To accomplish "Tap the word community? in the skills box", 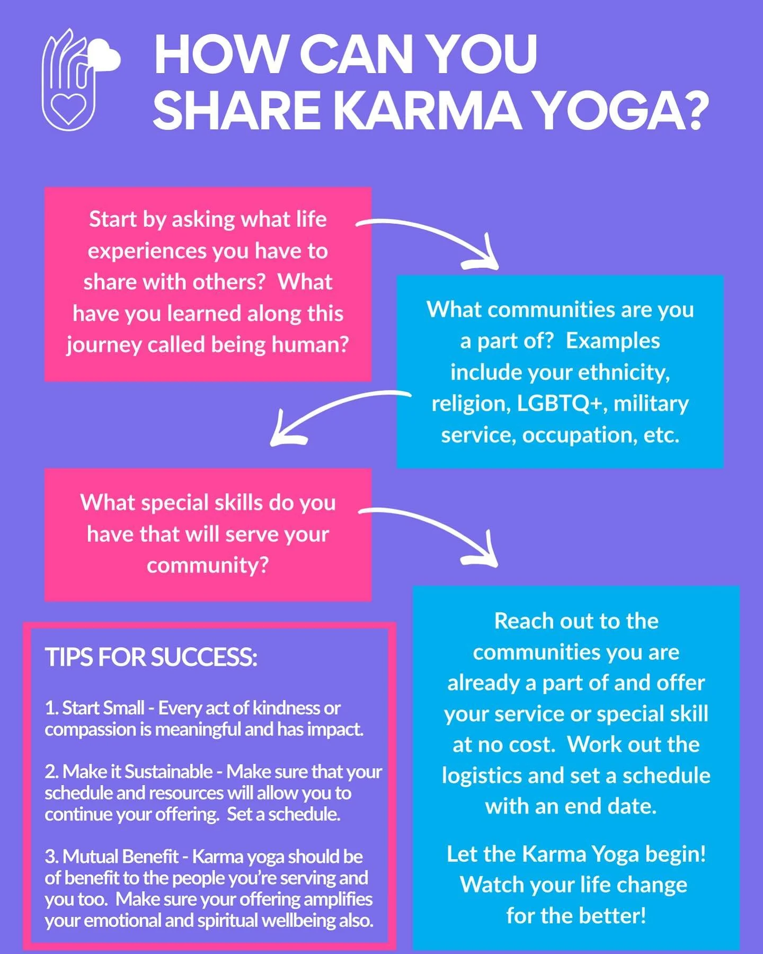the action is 208,565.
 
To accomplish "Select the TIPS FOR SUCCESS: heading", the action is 151,657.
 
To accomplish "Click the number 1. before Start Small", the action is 51,708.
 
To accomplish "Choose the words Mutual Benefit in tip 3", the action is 120,856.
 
